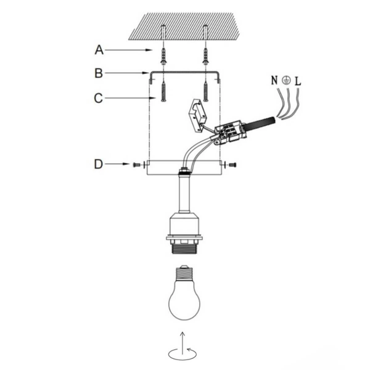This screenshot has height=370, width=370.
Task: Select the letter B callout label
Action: point(98,73)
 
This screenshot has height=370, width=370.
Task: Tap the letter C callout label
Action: point(98,97)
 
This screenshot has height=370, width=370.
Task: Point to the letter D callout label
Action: point(98,164)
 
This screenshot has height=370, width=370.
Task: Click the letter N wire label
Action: point(274,80)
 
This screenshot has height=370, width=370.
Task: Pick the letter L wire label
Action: point(298,80)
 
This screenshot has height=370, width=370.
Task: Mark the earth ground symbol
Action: point(286,80)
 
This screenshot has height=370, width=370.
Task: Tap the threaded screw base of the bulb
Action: point(184,273)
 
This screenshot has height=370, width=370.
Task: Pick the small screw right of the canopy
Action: point(231,165)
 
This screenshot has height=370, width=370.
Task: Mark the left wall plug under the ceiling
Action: point(163,56)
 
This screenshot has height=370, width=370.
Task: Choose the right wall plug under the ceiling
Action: point(205,56)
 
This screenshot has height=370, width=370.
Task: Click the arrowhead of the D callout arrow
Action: point(127,165)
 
